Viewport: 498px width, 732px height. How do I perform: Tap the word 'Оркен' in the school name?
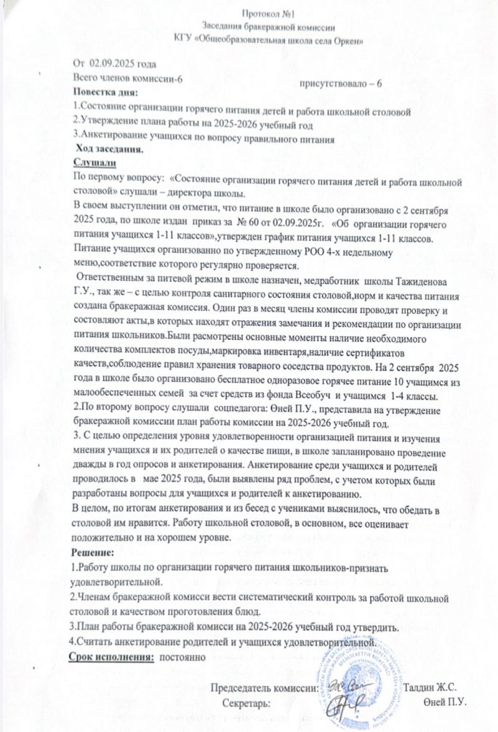(308, 38)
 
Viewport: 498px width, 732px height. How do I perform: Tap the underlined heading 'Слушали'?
(96, 164)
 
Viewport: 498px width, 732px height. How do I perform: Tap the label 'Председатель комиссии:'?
(264, 687)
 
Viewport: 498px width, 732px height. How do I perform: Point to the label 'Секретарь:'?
(246, 703)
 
